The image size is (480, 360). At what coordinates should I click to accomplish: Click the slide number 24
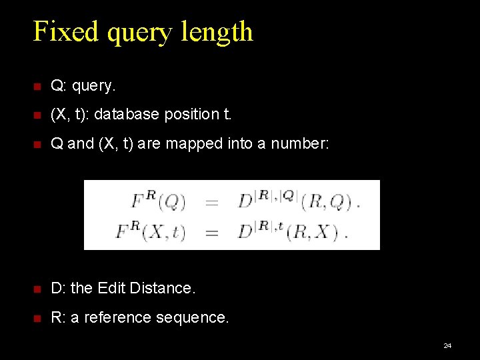(447, 345)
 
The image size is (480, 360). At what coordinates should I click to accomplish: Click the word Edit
(112, 288)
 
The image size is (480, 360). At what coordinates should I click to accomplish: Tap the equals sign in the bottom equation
(211, 233)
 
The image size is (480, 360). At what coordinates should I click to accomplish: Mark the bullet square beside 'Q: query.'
(37, 86)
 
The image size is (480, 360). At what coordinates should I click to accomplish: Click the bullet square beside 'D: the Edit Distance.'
(37, 288)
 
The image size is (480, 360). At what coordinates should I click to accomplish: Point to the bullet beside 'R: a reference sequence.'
(37, 317)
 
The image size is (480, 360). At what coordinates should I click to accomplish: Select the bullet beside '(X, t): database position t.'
(37, 115)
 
